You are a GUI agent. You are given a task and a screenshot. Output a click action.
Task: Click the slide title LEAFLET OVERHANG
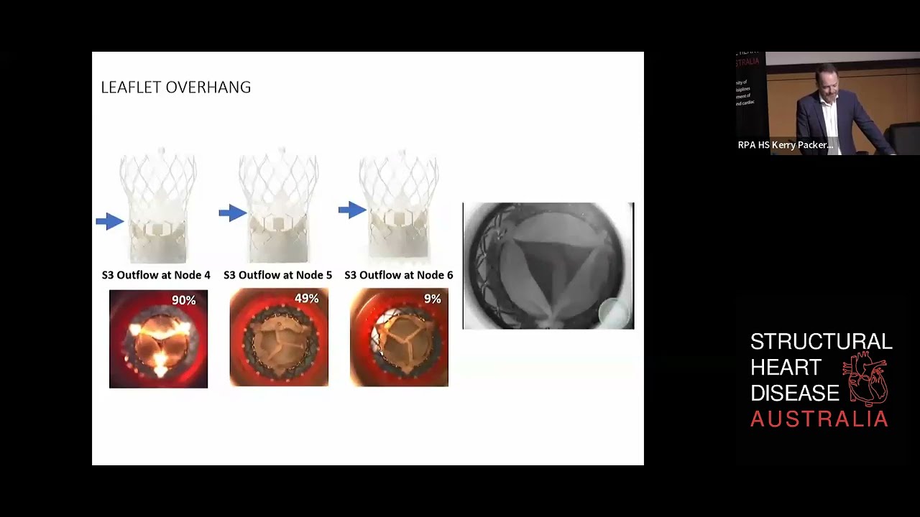[175, 88]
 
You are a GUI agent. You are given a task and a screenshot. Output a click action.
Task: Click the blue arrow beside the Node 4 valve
[110, 221]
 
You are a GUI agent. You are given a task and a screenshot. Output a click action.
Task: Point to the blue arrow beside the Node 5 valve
[232, 213]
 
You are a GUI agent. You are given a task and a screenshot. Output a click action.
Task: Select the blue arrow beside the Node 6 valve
[352, 210]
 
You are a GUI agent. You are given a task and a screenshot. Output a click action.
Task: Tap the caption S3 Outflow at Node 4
[156, 275]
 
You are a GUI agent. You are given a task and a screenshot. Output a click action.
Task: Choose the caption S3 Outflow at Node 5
[277, 275]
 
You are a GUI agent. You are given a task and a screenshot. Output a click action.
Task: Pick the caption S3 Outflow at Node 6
[399, 275]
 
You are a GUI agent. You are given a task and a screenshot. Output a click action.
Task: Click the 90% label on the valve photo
[183, 300]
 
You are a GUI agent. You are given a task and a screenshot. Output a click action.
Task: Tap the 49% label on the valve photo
[306, 298]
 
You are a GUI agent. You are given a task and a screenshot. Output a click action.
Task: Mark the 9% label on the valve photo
[432, 298]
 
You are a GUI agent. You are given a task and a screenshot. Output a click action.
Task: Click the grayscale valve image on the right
[548, 266]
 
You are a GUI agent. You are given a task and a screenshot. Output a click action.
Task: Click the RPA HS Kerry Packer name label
[785, 145]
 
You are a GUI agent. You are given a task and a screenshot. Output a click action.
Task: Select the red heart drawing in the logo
[869, 381]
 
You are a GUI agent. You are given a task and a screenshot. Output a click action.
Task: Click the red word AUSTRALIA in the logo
[819, 419]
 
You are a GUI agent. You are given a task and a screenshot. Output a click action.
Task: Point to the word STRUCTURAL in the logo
[821, 341]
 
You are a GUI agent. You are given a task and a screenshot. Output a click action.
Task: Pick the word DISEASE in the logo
[794, 393]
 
